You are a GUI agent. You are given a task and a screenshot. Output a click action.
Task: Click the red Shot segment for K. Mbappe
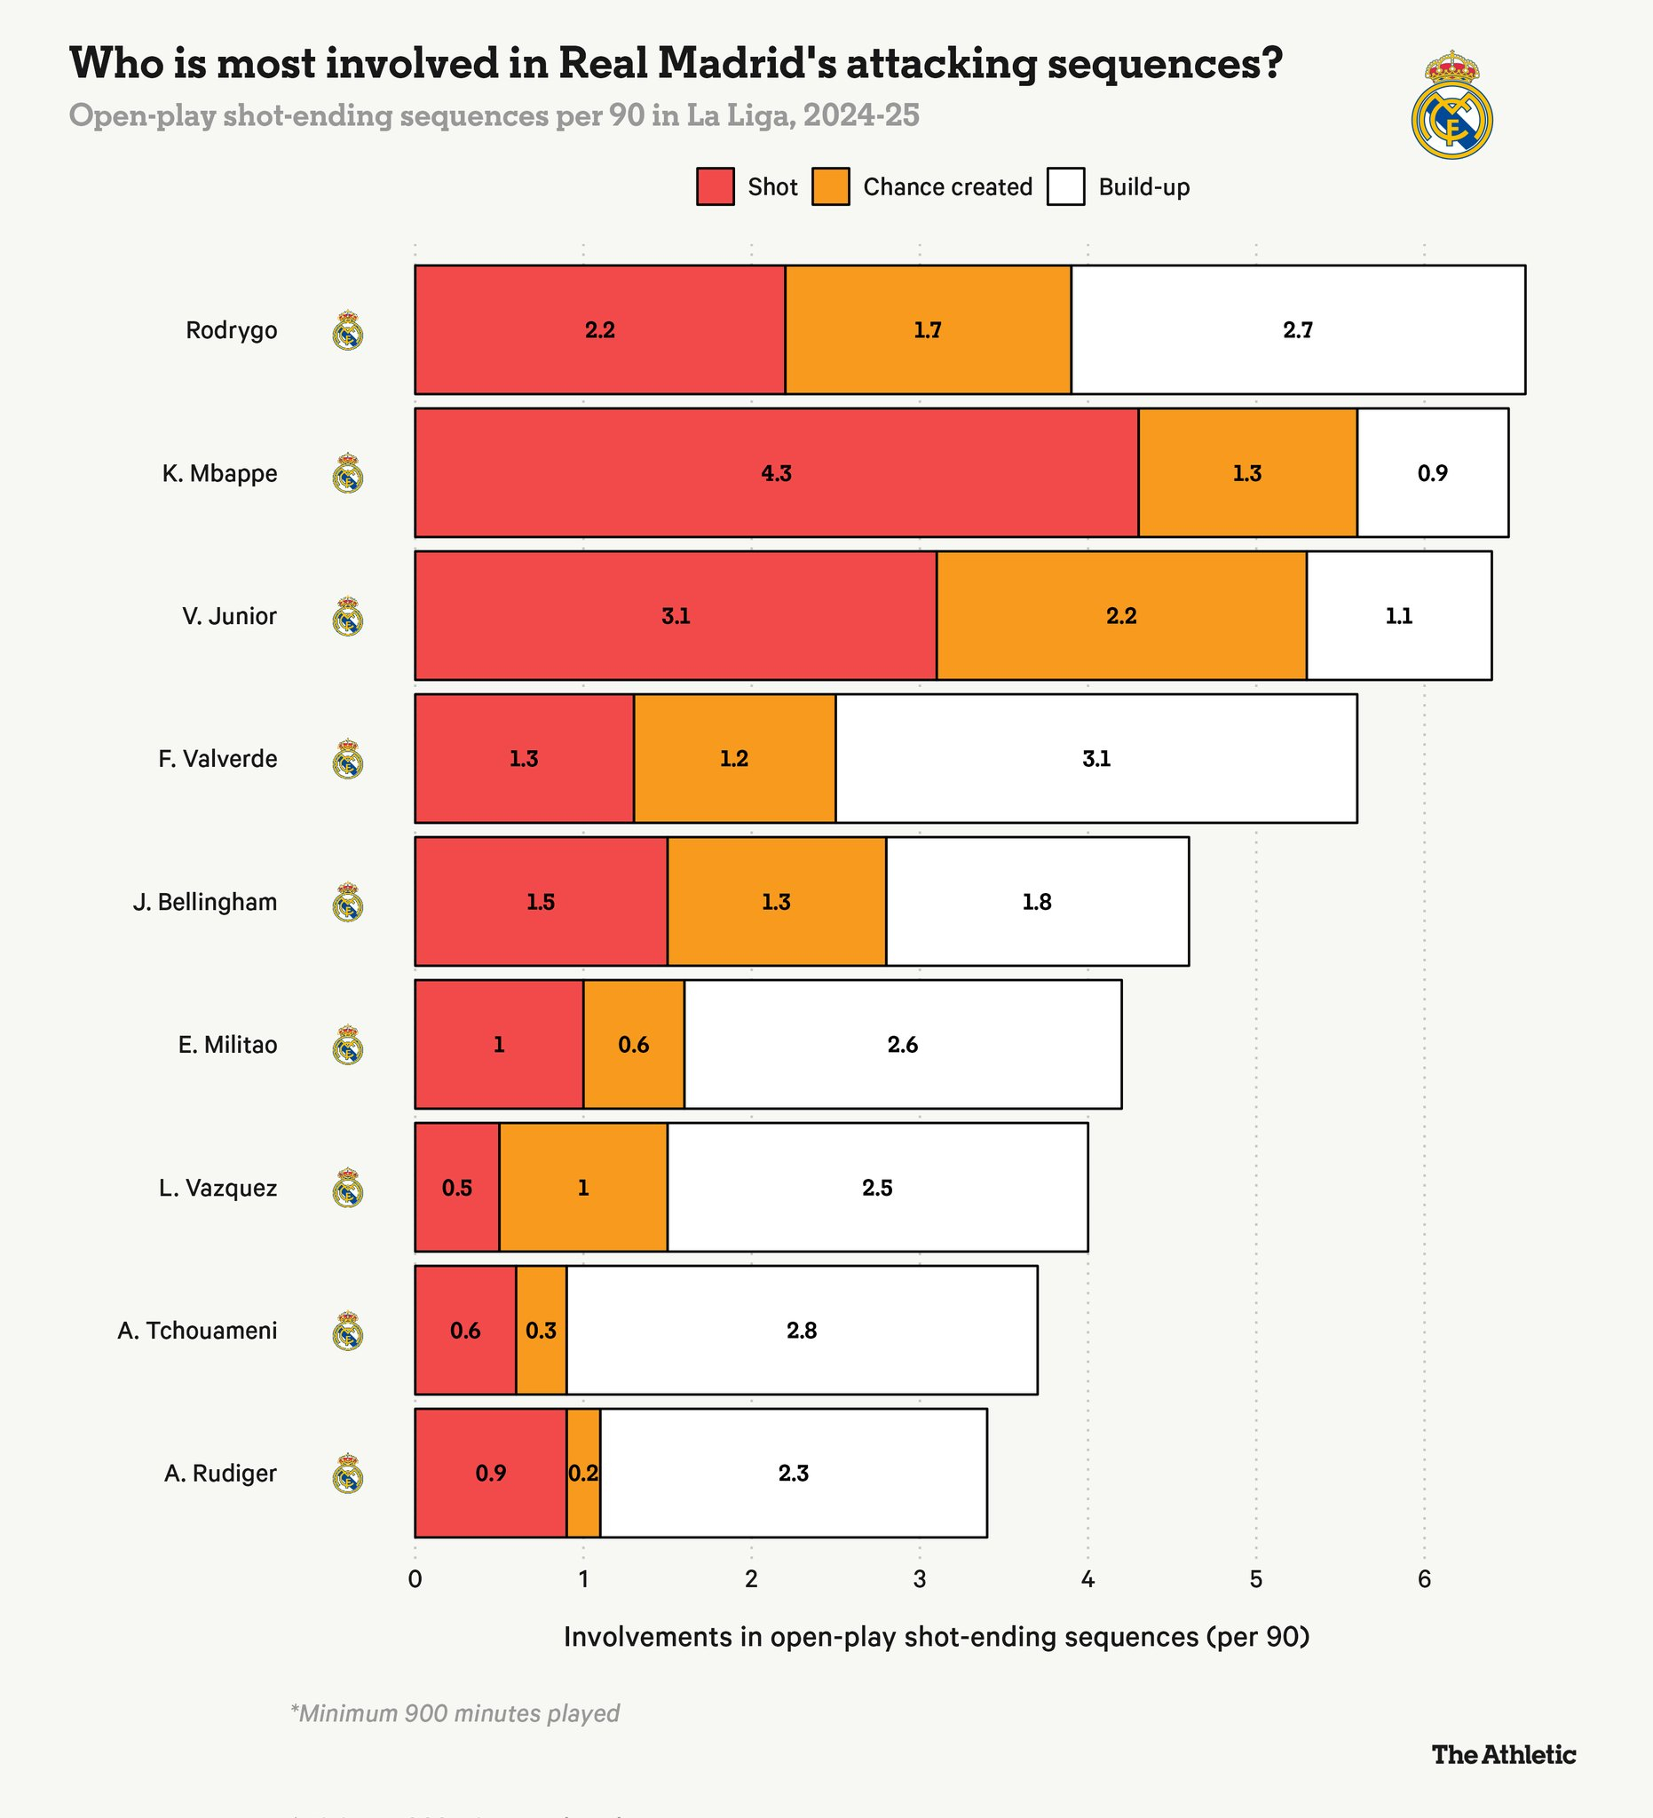coord(776,472)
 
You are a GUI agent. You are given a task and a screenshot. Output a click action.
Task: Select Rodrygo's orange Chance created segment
coord(927,330)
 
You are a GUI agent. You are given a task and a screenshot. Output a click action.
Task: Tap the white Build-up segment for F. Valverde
coord(1095,758)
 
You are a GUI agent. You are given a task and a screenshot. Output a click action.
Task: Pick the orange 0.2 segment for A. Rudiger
coord(583,1474)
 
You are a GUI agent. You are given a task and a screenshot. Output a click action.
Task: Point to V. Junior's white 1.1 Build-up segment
coord(1399,616)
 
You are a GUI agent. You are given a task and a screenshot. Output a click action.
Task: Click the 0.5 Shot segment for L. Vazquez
coord(456,1188)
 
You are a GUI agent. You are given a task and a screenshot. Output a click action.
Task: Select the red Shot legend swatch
coord(716,186)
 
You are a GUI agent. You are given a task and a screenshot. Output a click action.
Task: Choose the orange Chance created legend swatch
coord(831,186)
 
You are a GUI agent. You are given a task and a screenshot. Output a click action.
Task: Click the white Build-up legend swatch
coord(1066,186)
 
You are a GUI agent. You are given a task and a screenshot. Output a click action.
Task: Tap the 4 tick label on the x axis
coord(1087,1579)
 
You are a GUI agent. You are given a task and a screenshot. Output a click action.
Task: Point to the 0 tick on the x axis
coord(415,1579)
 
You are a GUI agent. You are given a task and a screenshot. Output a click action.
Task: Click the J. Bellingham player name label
coord(205,902)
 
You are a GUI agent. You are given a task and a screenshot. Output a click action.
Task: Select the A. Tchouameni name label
coord(196,1330)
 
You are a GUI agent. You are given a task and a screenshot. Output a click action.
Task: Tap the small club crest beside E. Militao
coord(348,1045)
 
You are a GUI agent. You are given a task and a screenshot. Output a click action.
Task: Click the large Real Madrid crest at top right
coord(1451,106)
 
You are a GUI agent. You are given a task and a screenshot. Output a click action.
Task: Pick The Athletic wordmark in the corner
coord(1503,1754)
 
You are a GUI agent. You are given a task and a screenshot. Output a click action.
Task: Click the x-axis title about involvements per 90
coord(936,1637)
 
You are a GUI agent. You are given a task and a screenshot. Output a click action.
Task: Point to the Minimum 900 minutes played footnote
coord(455,1713)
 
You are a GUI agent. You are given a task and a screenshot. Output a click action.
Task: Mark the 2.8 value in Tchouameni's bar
coord(801,1330)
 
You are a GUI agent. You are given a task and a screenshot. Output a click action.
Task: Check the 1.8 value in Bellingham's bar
coord(1036,902)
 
